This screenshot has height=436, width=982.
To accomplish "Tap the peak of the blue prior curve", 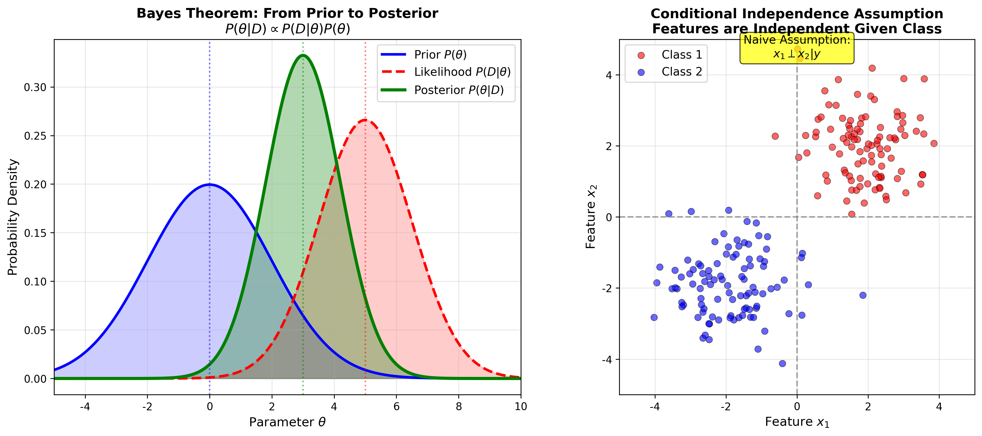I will pyautogui.click(x=209, y=184).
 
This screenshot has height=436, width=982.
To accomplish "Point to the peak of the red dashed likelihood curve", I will pyautogui.click(x=365, y=120).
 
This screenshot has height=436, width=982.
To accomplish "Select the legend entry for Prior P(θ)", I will pyautogui.click(x=440, y=55).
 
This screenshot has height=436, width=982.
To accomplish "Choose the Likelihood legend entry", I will pyautogui.click(x=462, y=72).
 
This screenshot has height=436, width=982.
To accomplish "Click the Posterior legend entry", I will pyautogui.click(x=459, y=90).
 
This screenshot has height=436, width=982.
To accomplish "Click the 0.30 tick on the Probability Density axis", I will pyautogui.click(x=35, y=87).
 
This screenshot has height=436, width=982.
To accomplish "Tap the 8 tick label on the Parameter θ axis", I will pyautogui.click(x=459, y=407).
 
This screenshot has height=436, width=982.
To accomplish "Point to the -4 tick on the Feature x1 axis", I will pyautogui.click(x=655, y=407).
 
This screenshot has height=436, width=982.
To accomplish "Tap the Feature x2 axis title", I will pyautogui.click(x=591, y=217).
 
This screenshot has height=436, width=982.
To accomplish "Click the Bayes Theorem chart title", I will pyautogui.click(x=287, y=13).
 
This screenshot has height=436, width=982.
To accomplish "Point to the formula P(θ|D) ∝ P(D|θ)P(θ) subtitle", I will pyautogui.click(x=287, y=29).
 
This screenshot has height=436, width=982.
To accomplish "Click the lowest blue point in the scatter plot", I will pyautogui.click(x=783, y=364).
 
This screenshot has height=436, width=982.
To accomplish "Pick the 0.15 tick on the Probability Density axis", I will pyautogui.click(x=35, y=233).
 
